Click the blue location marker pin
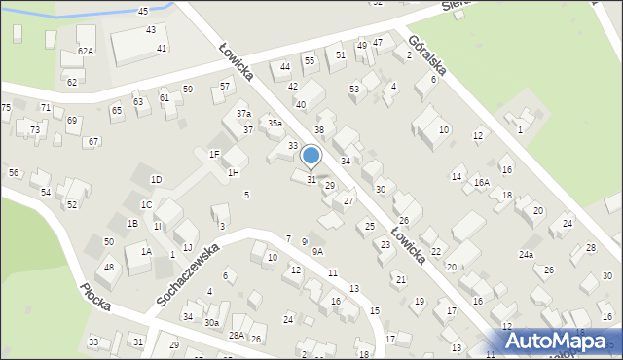[311, 156]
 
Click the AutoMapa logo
[557, 341]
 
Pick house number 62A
[86, 51]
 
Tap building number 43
[151, 30]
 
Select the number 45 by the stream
[143, 11]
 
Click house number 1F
[214, 154]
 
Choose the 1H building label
[233, 172]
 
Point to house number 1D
[156, 180]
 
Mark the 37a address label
[243, 114]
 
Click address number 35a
[275, 124]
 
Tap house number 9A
[317, 251]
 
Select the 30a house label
[211, 322]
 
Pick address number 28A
[237, 335]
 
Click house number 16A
[482, 182]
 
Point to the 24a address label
[526, 254]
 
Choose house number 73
[34, 129]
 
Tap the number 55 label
[310, 60]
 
